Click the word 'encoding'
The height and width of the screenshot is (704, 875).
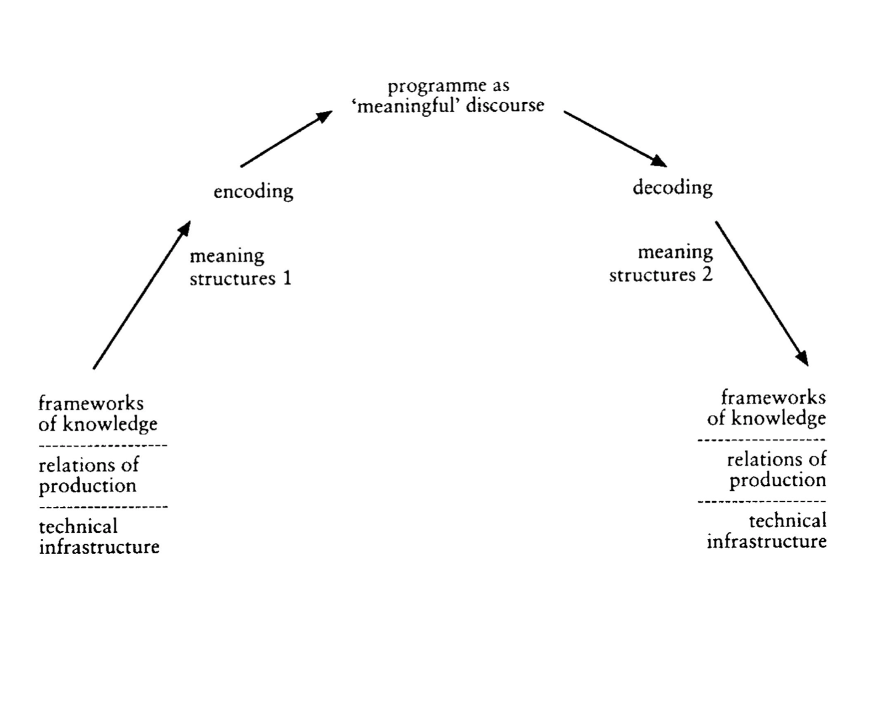(253, 192)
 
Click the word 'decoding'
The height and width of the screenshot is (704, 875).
(672, 187)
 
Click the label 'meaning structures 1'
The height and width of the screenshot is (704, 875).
(240, 267)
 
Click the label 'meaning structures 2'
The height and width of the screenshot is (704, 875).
(661, 263)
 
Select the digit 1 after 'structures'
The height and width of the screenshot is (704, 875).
(287, 279)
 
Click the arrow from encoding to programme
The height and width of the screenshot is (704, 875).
(286, 139)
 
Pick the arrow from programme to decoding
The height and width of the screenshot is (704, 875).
(615, 139)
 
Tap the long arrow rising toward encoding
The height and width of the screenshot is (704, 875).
(142, 294)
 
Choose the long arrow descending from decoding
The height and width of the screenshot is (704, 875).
(761, 293)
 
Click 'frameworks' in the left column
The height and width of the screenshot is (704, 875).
(91, 402)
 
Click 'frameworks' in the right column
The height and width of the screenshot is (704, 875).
(773, 397)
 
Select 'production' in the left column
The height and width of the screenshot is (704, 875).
(88, 486)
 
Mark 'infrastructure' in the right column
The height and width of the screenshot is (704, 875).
(766, 541)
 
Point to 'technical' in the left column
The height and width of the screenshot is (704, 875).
(78, 526)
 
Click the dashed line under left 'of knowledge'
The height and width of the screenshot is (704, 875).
(103, 446)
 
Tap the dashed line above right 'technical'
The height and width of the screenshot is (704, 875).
(761, 501)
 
